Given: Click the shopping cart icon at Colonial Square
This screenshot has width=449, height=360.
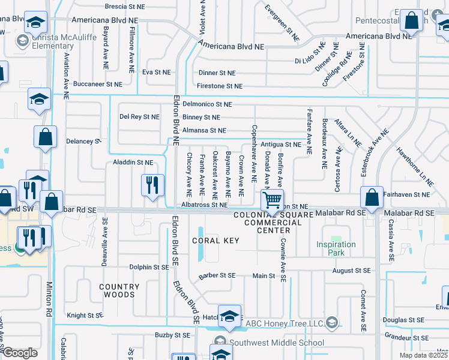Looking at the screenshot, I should pos(272,200).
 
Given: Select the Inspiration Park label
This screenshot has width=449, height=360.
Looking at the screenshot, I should pos(336,248).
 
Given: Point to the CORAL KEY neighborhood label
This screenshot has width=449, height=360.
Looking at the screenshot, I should pos(215,241).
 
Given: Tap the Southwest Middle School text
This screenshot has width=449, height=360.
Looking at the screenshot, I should pos(276,343).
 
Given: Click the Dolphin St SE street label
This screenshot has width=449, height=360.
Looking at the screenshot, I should pos(149,267).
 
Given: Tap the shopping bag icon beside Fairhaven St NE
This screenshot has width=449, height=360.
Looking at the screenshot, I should pos(372,196).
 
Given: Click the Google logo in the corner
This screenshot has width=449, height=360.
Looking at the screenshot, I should pos(20,353).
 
